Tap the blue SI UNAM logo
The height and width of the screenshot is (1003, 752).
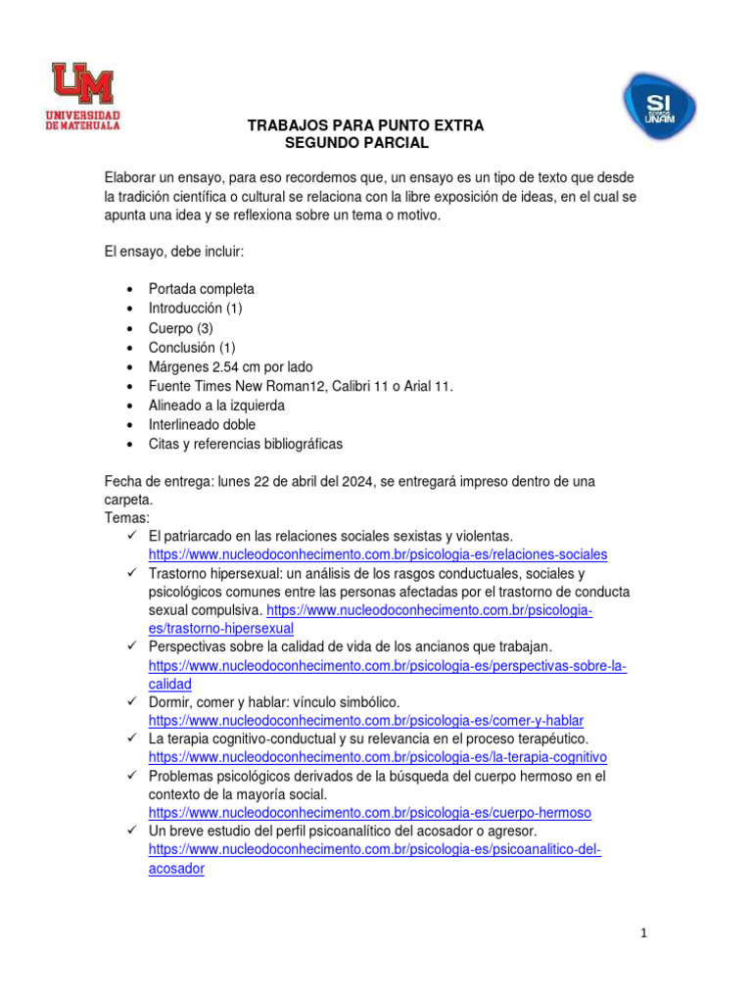[659, 106]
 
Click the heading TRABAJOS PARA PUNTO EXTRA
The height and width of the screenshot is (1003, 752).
[365, 126]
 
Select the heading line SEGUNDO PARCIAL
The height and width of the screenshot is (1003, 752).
[356, 143]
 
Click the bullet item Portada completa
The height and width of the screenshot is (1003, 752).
[201, 289]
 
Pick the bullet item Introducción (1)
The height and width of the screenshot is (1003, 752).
[195, 309]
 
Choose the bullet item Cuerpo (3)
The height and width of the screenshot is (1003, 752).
[180, 328]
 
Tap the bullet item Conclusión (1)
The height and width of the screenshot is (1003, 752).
[192, 348]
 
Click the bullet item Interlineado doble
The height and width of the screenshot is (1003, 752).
[202, 425]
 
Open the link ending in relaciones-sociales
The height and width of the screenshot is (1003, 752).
[378, 554]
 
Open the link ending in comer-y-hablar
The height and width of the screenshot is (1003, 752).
[365, 721]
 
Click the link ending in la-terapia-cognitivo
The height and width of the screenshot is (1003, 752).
[378, 757]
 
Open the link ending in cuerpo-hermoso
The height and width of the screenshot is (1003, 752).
[370, 813]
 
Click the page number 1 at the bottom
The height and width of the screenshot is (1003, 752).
[642, 933]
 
